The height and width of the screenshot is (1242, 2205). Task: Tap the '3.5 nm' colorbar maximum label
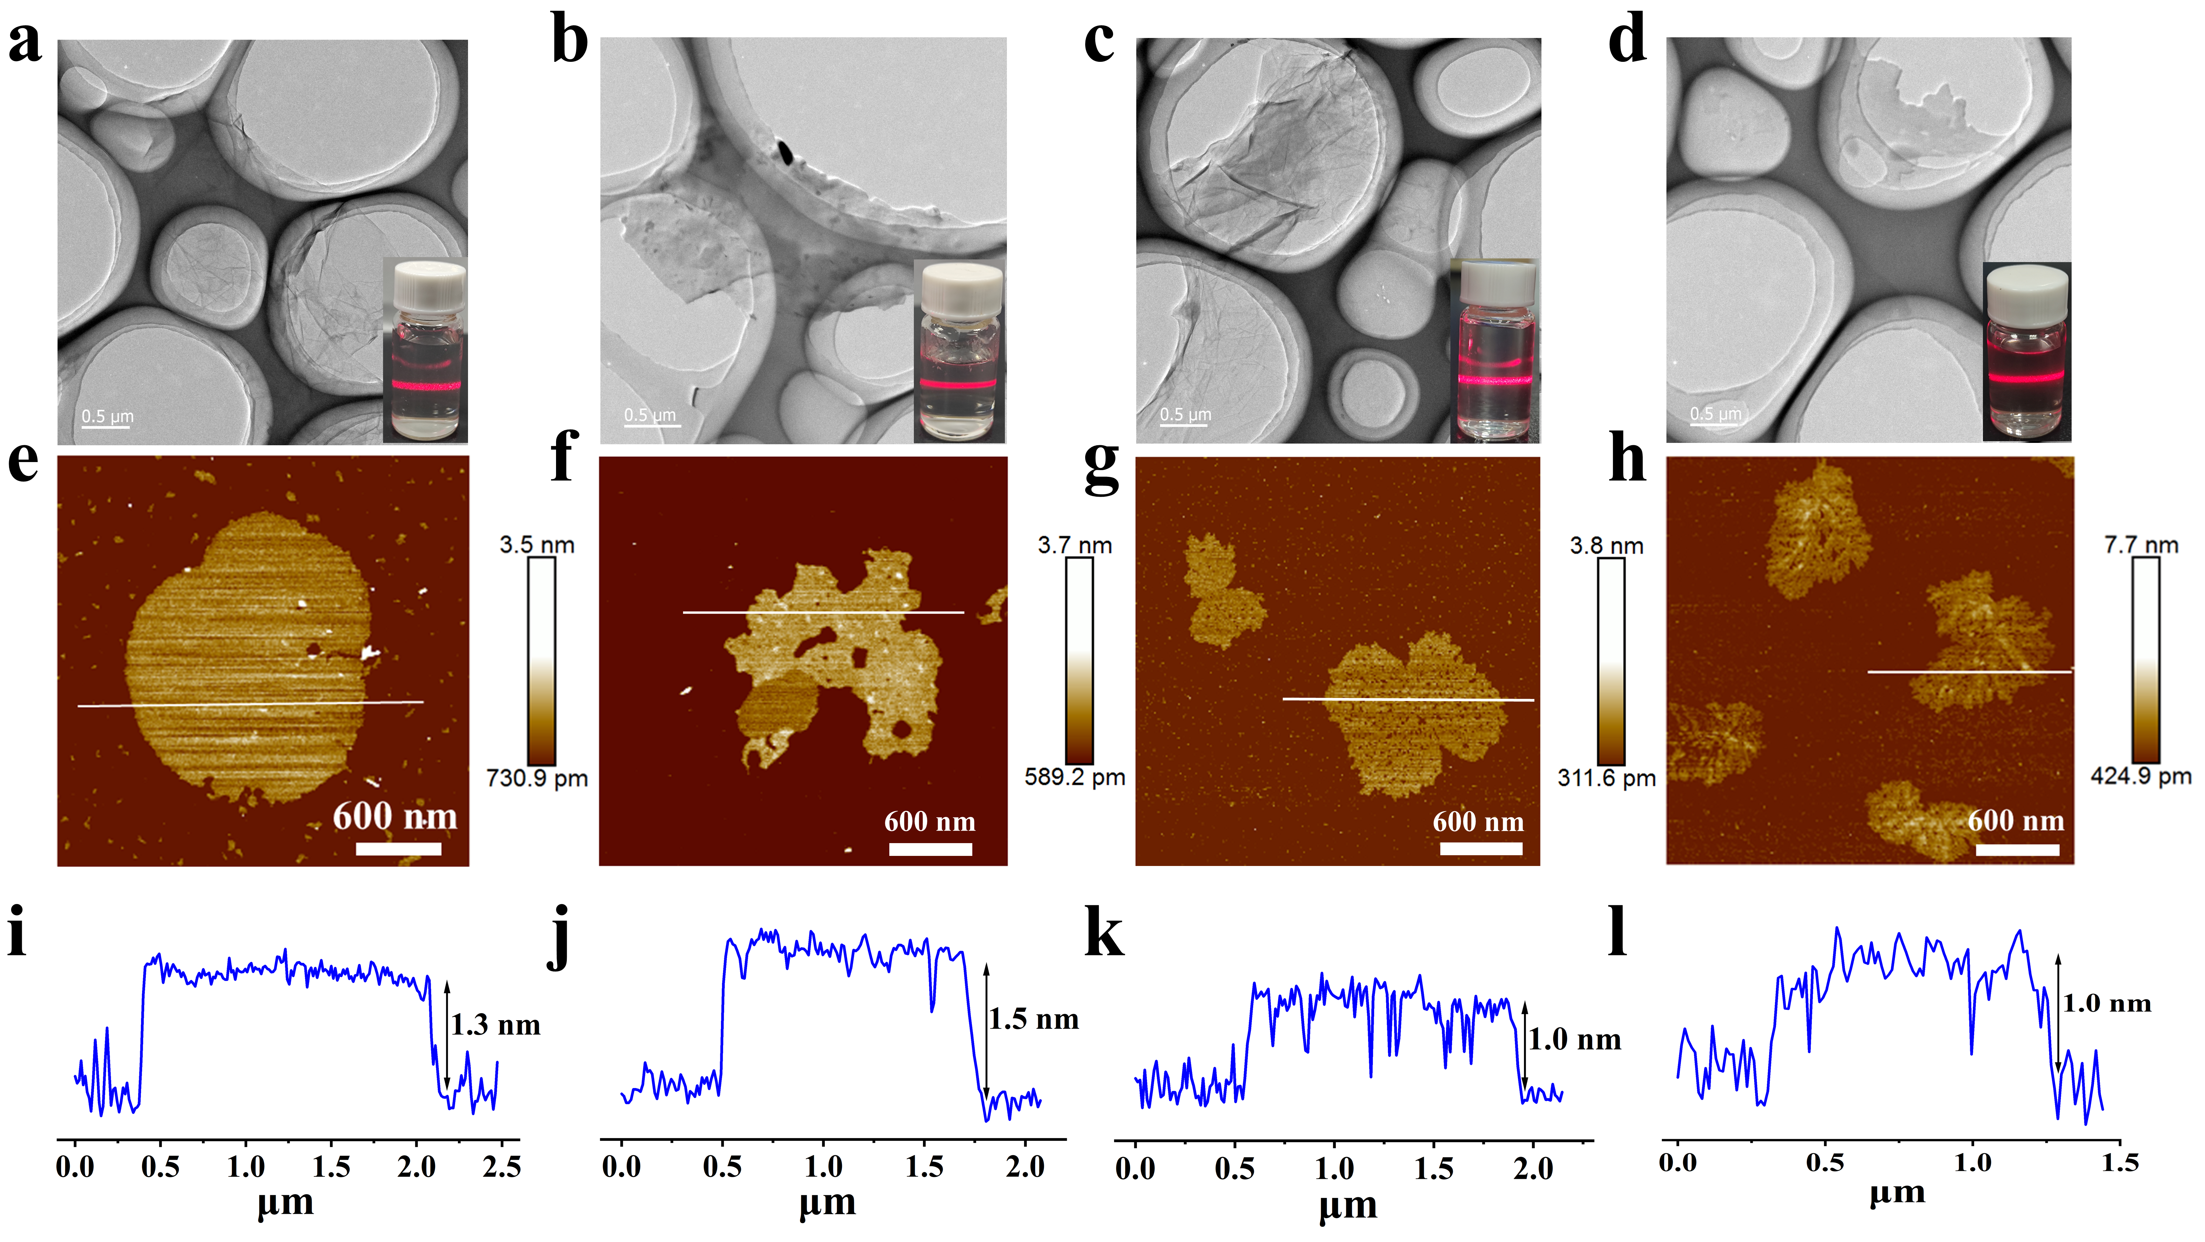pyautogui.click(x=537, y=544)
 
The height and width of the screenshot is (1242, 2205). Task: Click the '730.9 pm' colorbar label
pyautogui.click(x=537, y=778)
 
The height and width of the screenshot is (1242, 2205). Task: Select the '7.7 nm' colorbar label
pyautogui.click(x=2141, y=544)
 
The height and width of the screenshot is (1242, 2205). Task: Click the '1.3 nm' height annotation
pyautogui.click(x=496, y=1025)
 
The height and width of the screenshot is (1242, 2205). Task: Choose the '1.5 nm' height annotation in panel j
pyautogui.click(x=1034, y=1019)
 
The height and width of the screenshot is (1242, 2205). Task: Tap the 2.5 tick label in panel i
pyautogui.click(x=502, y=1166)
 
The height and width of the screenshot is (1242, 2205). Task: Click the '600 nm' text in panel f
pyautogui.click(x=930, y=822)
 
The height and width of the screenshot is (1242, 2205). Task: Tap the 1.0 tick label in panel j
pyautogui.click(x=823, y=1166)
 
